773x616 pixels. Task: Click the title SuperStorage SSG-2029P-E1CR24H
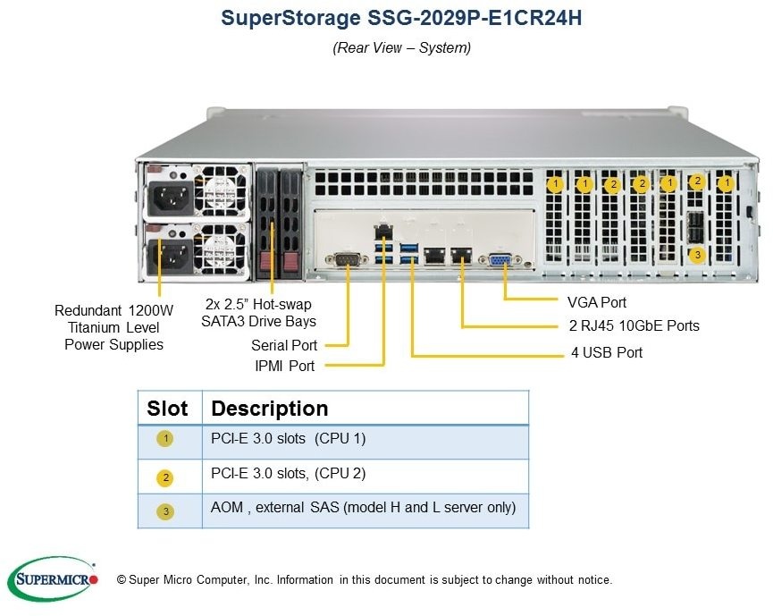(x=401, y=19)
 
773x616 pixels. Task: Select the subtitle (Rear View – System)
(x=401, y=48)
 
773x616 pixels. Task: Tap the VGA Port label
(x=597, y=302)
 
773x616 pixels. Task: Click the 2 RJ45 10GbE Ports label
(x=634, y=326)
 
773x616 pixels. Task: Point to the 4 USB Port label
(x=607, y=352)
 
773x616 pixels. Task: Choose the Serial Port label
(x=284, y=344)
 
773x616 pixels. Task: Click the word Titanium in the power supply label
(x=93, y=327)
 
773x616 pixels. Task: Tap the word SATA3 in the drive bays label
(x=224, y=321)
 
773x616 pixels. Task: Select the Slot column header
(x=167, y=409)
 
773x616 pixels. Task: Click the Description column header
(x=270, y=409)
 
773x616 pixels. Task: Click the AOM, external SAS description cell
(x=364, y=507)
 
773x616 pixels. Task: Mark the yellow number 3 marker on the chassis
(x=698, y=255)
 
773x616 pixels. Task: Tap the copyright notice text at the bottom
(x=365, y=580)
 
